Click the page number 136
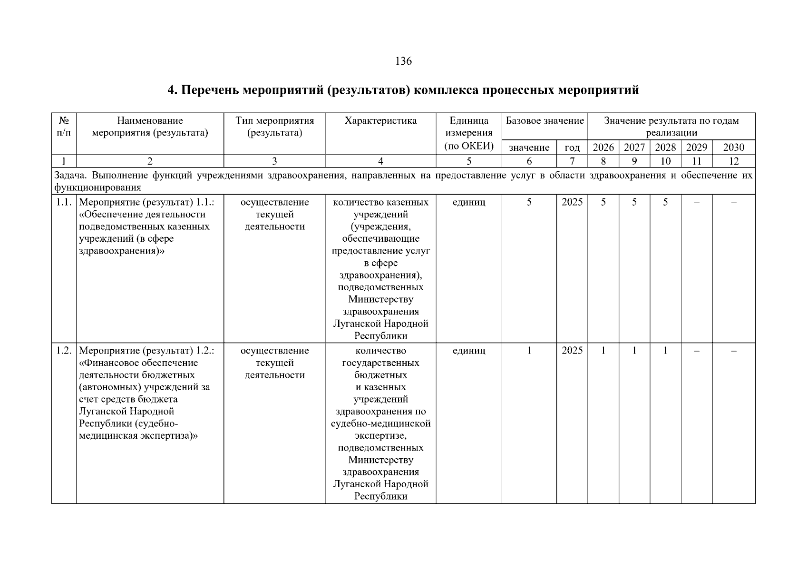pyautogui.click(x=403, y=61)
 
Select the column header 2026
pyautogui.click(x=603, y=148)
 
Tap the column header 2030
pyautogui.click(x=733, y=148)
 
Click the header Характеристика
pyautogui.click(x=380, y=121)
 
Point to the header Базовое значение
pyautogui.click(x=544, y=121)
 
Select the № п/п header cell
pyautogui.click(x=64, y=127)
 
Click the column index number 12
pyautogui.click(x=733, y=161)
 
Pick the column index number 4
pyautogui.click(x=380, y=161)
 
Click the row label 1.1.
pyautogui.click(x=64, y=202)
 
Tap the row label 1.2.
pyautogui.click(x=64, y=351)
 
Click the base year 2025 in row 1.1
pyautogui.click(x=572, y=202)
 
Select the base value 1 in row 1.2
pyautogui.click(x=529, y=351)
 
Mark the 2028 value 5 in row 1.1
pyautogui.click(x=665, y=202)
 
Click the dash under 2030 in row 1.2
pyautogui.click(x=733, y=351)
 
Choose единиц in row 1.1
pyautogui.click(x=469, y=202)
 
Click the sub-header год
pyautogui.click(x=572, y=148)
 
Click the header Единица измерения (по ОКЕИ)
pyautogui.click(x=469, y=133)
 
